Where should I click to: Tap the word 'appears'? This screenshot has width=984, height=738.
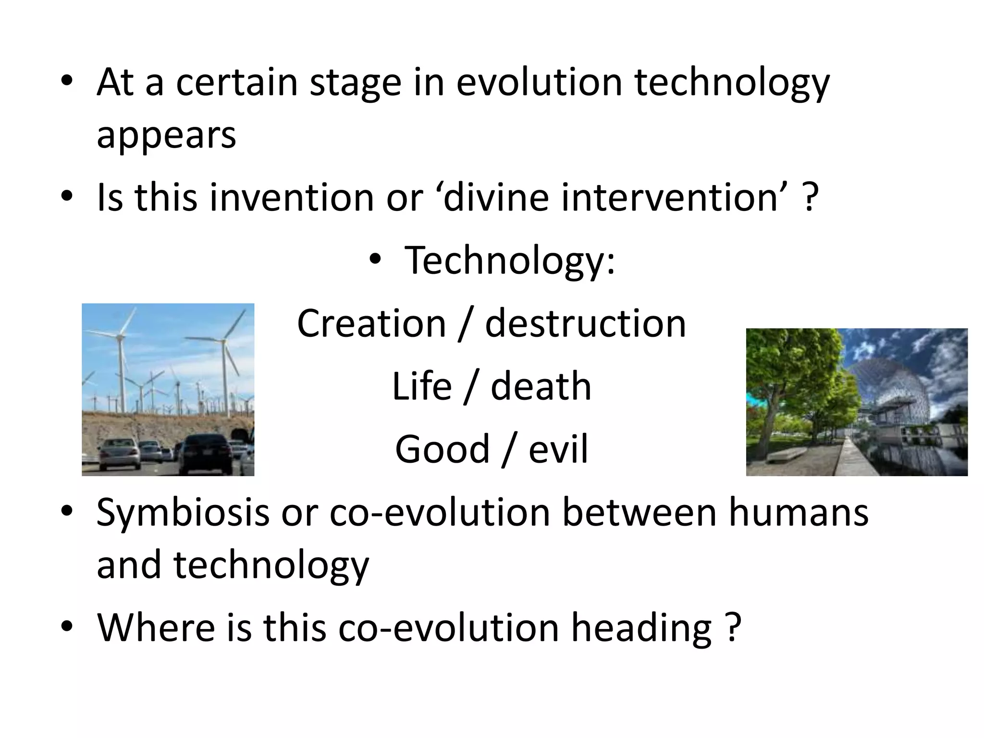pos(166,135)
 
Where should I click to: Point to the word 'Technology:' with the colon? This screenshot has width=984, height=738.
pos(510,260)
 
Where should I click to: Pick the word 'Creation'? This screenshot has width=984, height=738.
pos(371,323)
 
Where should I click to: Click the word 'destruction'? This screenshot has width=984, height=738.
pos(585,323)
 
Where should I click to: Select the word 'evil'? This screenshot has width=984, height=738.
pos(558,449)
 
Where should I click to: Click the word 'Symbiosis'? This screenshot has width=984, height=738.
pos(183,512)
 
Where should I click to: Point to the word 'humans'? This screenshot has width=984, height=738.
pos(798,512)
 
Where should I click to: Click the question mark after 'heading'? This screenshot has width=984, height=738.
pos(732,627)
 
